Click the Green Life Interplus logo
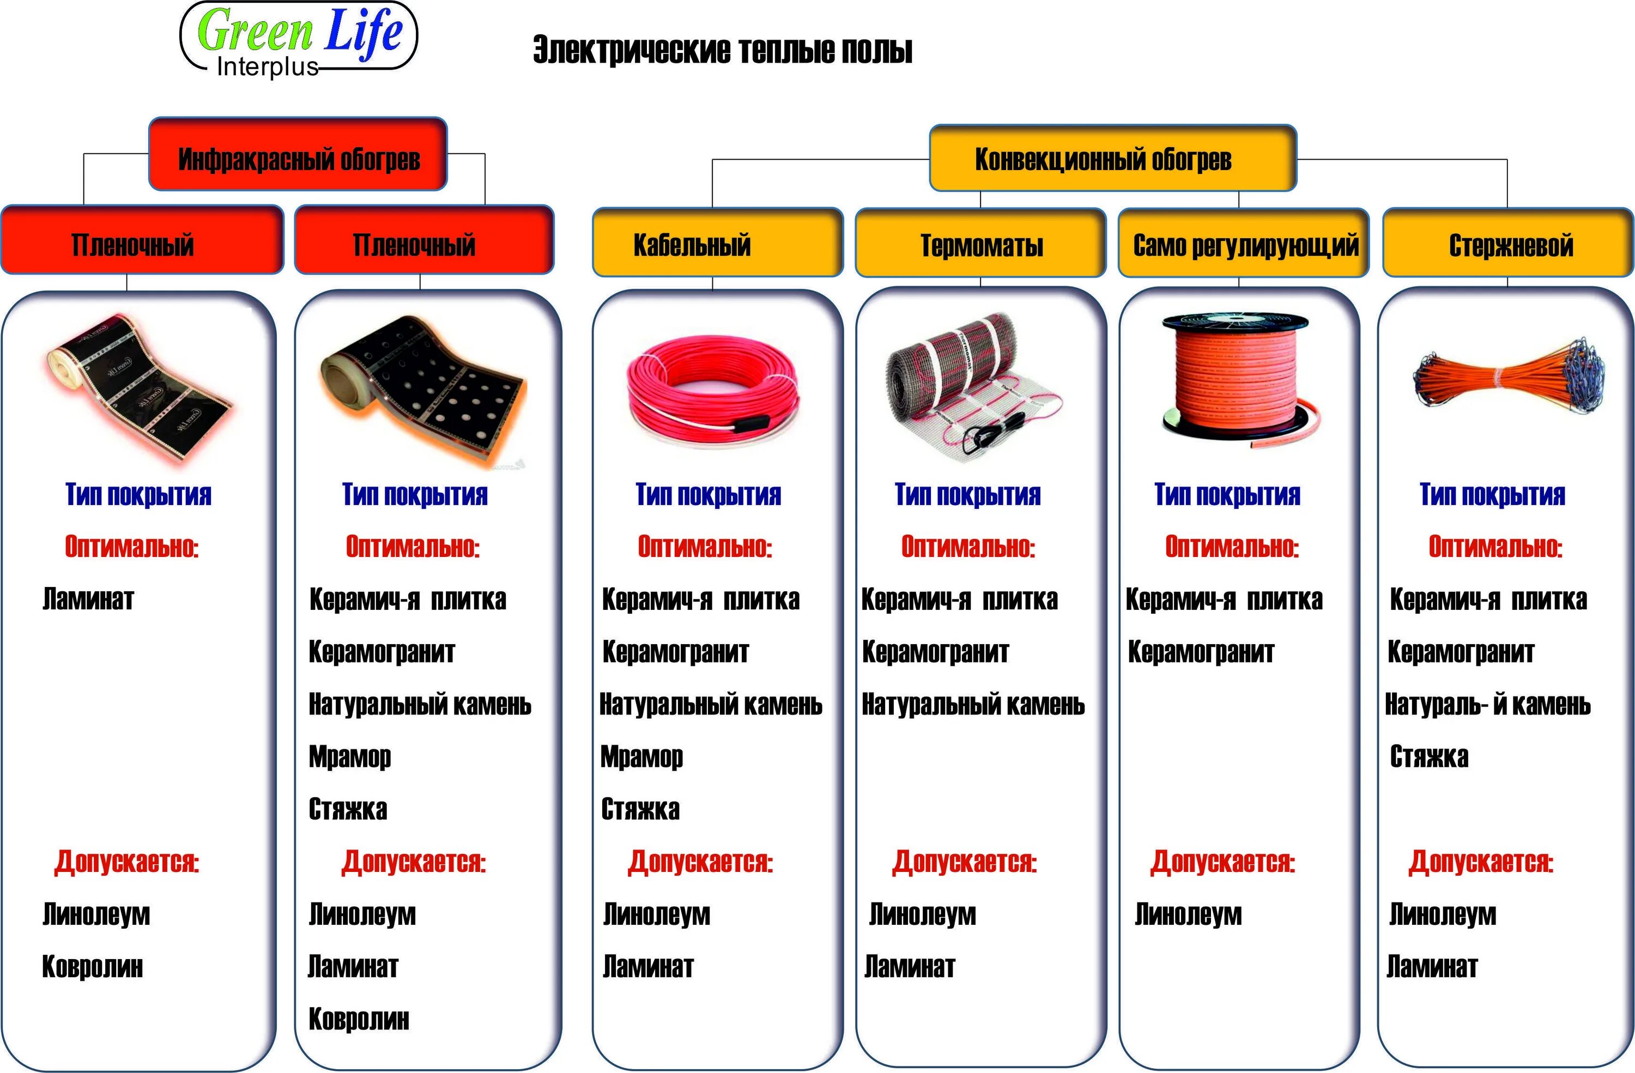(298, 38)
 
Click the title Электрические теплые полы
(722, 50)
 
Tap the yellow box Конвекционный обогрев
(1112, 158)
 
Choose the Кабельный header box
(717, 243)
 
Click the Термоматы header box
(980, 245)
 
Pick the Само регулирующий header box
(1244, 245)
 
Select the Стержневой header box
(1507, 245)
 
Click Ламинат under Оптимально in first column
(88, 599)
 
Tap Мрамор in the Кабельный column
(641, 756)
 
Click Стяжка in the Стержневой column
(1429, 756)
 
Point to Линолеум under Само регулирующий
(1188, 914)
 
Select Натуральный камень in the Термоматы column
(973, 704)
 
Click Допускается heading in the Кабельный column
(700, 862)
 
